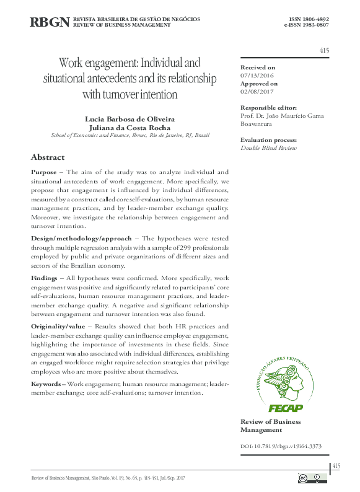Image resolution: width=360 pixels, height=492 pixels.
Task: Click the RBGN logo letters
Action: coord(50,23)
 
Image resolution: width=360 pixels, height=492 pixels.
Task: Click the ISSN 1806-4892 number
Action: coord(306,19)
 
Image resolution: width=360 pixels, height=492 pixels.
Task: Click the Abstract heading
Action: coord(48,157)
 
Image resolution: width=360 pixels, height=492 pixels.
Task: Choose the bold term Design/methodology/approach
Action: coord(81,238)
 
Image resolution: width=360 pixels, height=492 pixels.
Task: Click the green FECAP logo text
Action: coord(284,407)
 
